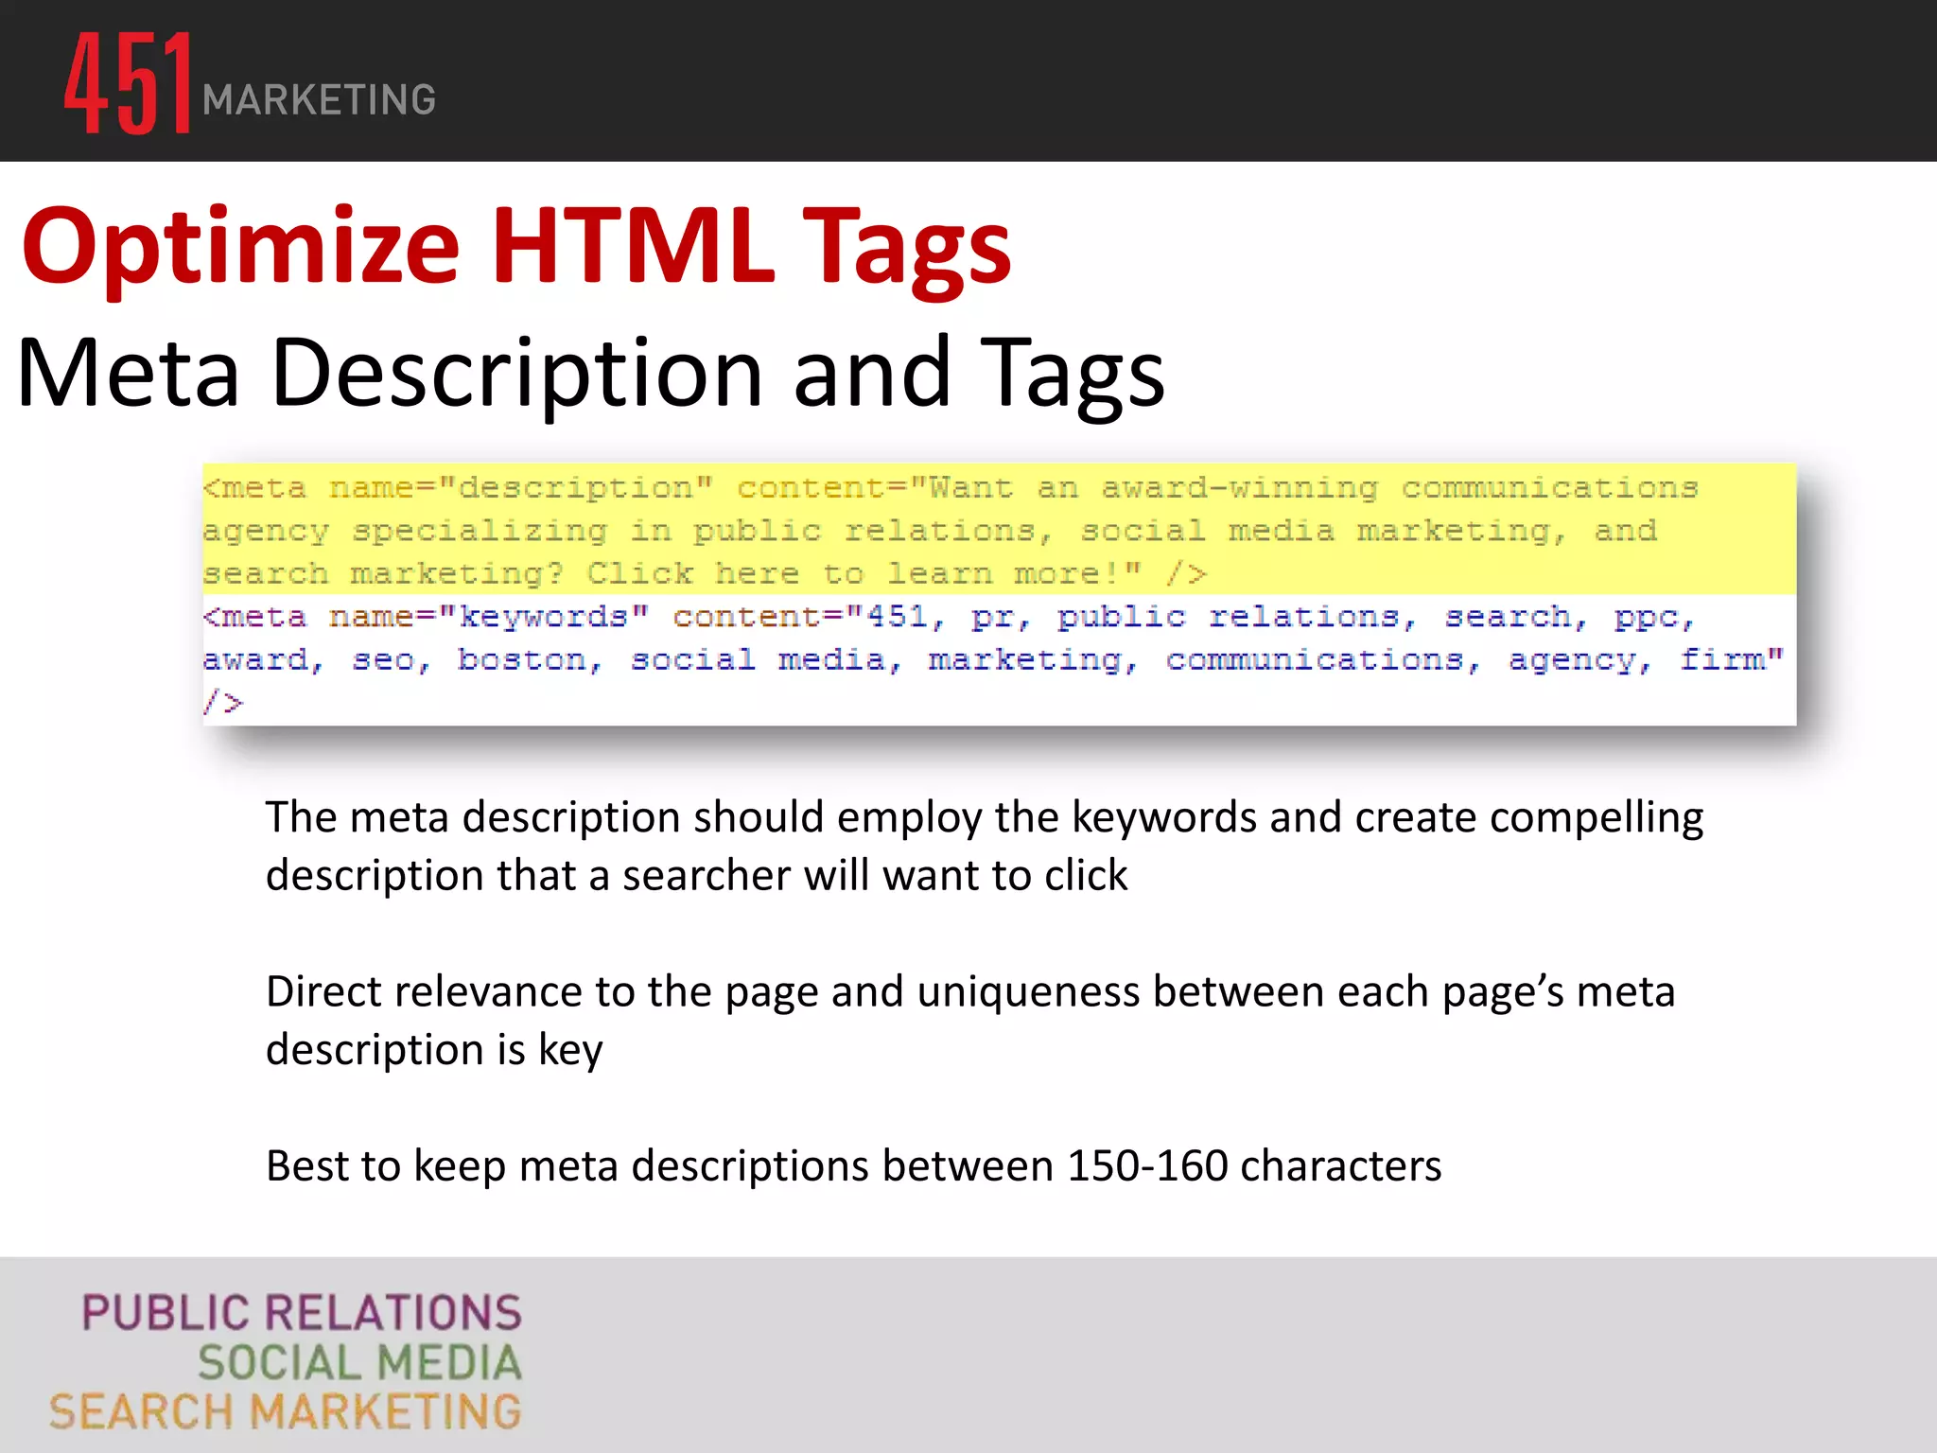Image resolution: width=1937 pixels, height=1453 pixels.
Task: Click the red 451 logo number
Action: [x=128, y=83]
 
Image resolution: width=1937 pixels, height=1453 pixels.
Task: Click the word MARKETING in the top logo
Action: [x=319, y=100]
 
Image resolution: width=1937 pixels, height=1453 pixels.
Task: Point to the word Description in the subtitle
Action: [x=516, y=375]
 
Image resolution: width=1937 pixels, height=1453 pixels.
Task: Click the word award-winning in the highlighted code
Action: [x=1239, y=488]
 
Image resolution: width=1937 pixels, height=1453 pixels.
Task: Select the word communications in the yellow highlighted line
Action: [x=1549, y=488]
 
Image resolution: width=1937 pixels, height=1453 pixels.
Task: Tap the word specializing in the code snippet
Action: [x=480, y=532]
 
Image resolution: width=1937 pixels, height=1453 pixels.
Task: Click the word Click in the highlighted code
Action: [x=640, y=574]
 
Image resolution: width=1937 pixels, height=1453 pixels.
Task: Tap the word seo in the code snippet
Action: [x=388, y=659]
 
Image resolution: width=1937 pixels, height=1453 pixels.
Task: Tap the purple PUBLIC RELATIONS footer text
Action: [x=302, y=1313]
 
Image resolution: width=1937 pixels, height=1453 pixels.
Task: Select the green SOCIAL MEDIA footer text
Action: [x=359, y=1363]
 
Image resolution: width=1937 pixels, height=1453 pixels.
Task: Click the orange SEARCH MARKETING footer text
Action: [x=286, y=1412]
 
